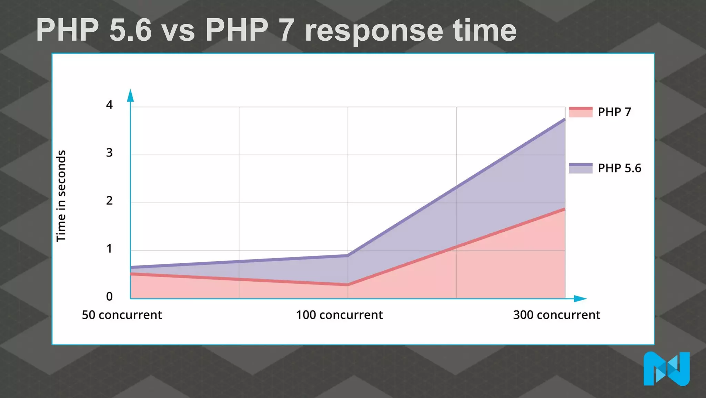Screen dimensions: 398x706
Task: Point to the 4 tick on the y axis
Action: coord(109,105)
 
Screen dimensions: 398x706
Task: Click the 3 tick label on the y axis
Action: coord(109,153)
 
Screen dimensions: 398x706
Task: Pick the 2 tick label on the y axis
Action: coord(109,201)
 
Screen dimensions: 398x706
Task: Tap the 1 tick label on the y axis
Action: coord(109,249)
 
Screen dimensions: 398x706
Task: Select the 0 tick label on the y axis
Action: coord(109,296)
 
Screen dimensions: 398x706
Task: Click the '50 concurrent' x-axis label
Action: coord(122,315)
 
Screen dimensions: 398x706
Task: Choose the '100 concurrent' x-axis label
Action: coord(339,315)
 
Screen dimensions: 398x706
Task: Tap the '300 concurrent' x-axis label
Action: coord(556,315)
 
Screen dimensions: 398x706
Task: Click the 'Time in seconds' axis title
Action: coord(61,196)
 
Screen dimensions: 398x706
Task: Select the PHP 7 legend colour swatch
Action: coord(581,112)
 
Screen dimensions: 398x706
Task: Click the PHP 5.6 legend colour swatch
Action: coord(581,168)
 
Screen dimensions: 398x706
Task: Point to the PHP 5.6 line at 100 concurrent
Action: coord(348,255)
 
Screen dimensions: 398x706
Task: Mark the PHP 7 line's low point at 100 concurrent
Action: coord(348,285)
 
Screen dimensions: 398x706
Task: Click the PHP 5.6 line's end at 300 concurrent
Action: coord(564,119)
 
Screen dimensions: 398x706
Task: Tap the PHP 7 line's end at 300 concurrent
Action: coord(564,209)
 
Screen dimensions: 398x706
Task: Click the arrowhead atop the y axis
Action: coord(130,96)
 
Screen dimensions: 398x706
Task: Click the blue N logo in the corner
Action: coord(666,369)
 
